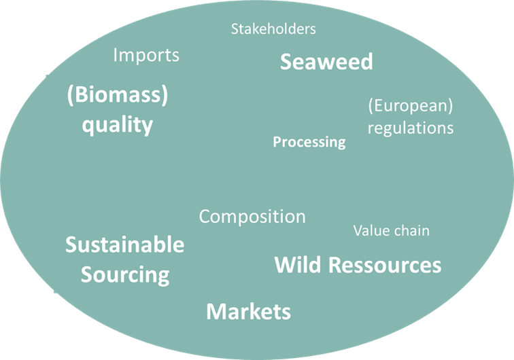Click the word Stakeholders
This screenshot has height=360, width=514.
[273, 29]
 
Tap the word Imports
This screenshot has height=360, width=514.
[146, 56]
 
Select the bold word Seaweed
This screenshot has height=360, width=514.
[326, 62]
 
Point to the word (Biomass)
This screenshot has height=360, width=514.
[118, 95]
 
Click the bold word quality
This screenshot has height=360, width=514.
[118, 125]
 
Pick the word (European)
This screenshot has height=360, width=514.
[411, 106]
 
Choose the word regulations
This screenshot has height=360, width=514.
[411, 128]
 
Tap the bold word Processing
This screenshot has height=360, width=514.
[309, 142]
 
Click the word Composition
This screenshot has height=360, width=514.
[252, 217]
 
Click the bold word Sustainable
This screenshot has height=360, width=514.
[125, 245]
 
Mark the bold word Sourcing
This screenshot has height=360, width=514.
[125, 275]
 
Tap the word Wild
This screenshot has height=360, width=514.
[298, 265]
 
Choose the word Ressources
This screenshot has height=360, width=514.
[385, 265]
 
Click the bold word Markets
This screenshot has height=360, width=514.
[248, 312]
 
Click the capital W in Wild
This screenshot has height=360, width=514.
[285, 265]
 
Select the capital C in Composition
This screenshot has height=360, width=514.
[205, 217]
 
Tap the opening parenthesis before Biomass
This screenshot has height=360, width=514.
[70, 95]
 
